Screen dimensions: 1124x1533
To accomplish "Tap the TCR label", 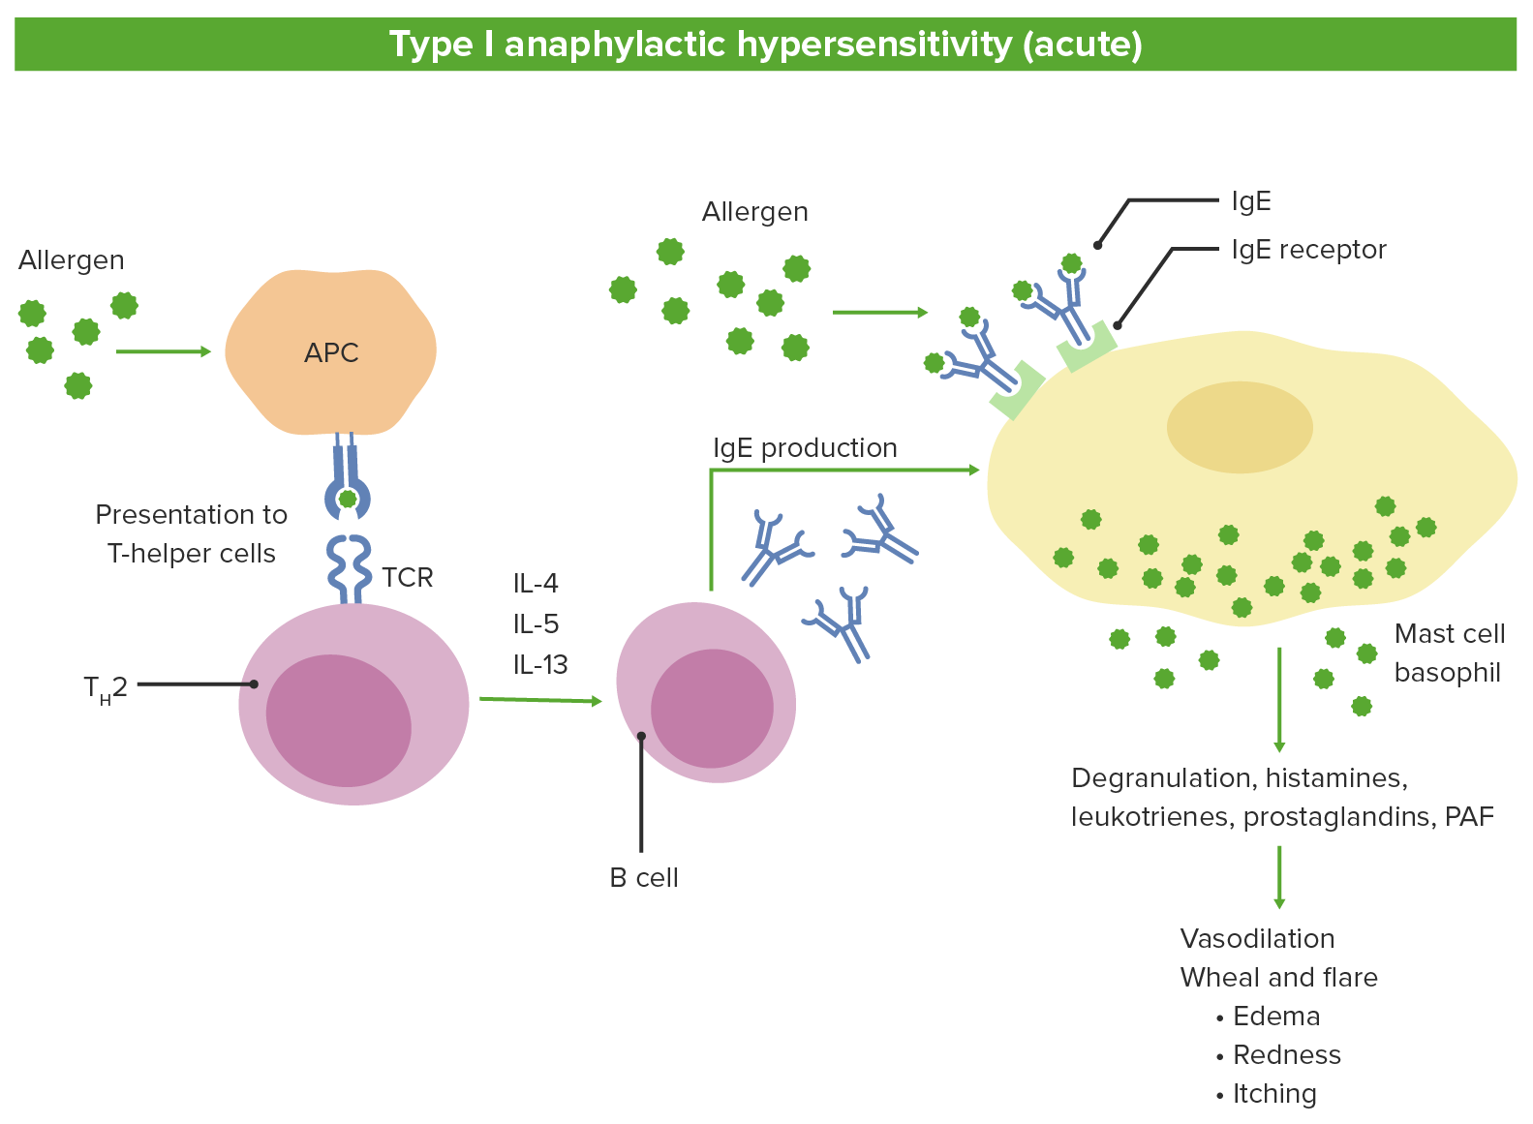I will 407,578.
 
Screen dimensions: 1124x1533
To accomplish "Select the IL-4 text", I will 536,584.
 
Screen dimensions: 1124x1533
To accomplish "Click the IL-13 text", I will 540,665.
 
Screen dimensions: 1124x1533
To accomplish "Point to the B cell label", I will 644,878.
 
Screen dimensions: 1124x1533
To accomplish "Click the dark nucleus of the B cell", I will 712,709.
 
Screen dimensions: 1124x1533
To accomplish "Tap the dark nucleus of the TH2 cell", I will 338,720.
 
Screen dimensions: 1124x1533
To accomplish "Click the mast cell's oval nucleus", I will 1239,427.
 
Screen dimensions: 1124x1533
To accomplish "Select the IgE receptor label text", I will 1308,250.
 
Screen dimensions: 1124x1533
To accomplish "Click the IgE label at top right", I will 1251,201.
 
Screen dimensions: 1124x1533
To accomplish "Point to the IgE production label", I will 805,448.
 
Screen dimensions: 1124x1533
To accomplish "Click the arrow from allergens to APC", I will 163,351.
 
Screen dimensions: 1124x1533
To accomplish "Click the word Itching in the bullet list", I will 1274,1094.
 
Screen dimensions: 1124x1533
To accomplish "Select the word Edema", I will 1276,1017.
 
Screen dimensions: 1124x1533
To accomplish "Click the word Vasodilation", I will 1257,939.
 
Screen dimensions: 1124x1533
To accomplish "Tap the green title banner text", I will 765,45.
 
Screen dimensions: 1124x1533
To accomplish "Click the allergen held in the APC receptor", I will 348,500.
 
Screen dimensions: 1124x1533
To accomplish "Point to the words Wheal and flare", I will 1278,978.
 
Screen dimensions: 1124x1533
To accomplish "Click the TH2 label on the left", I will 106,688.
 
